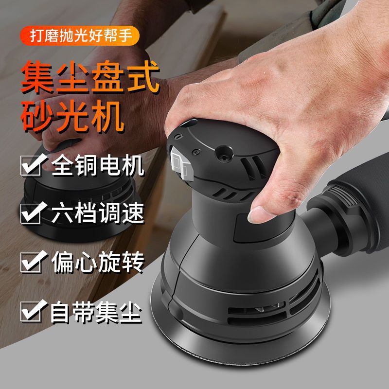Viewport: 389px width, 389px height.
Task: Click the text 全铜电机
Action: click(98, 166)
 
